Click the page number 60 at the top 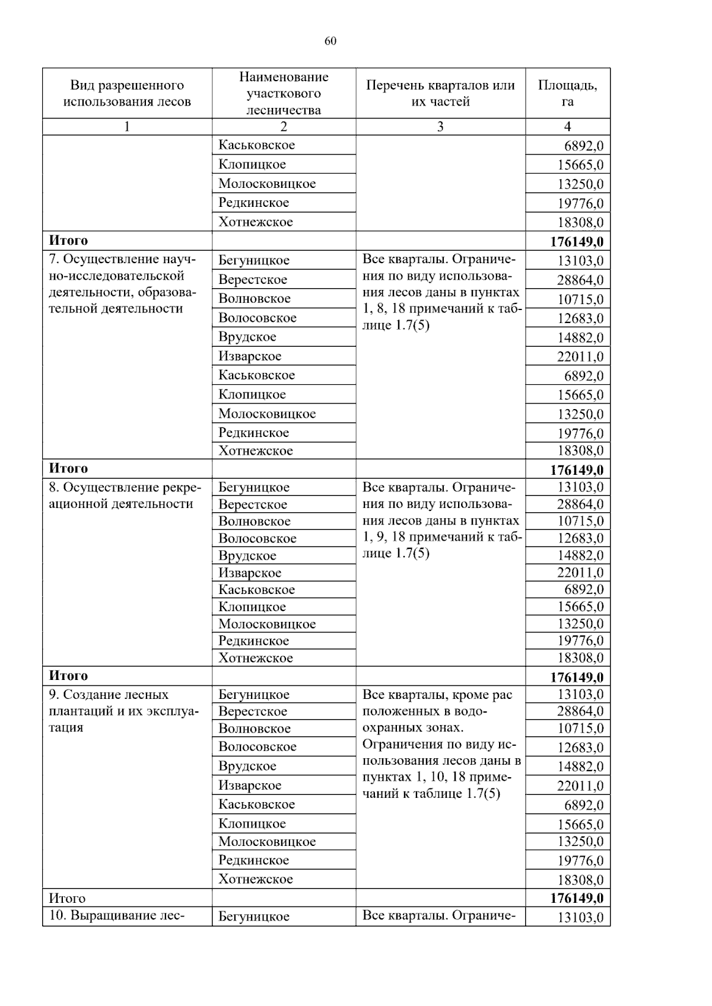tap(330, 41)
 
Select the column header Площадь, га tap(567, 93)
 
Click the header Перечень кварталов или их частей tap(440, 93)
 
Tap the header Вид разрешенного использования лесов tap(127, 93)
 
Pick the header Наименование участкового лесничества tap(284, 93)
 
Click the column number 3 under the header tap(440, 126)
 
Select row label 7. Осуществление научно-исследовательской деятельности tap(122, 284)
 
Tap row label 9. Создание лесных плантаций tap(123, 711)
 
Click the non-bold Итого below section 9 tap(67, 898)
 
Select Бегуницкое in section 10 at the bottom tap(254, 916)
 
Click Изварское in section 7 tap(250, 356)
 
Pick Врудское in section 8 tap(247, 555)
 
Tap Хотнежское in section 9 tap(256, 879)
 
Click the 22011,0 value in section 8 tap(580, 573)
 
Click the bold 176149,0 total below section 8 tap(576, 677)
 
